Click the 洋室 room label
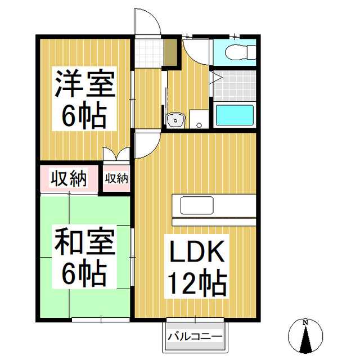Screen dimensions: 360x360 pos(84,84)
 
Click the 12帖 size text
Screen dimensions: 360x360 pos(196,284)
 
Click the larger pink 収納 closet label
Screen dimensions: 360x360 pos(69,179)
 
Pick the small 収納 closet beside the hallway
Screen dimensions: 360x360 pos(116,179)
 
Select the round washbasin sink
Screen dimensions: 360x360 pos(175,120)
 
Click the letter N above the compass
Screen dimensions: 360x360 pos(305,323)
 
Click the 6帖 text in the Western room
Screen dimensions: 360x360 pos(84,116)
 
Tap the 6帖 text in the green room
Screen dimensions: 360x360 pos(84,274)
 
